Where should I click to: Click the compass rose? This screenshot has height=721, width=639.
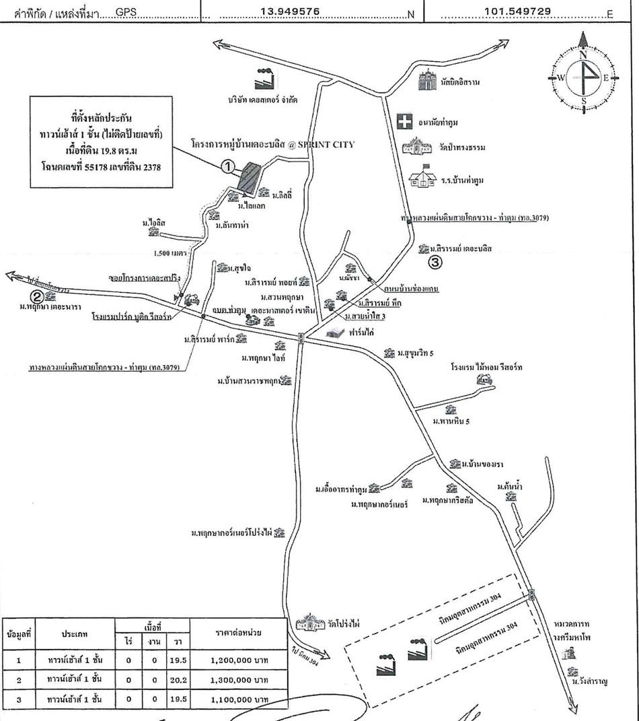[x=583, y=77]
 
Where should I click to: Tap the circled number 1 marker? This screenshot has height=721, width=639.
[x=228, y=165]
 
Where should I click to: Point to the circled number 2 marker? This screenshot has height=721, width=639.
[x=38, y=295]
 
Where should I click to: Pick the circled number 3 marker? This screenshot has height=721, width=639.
[x=436, y=263]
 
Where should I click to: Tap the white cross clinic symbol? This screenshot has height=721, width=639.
[x=404, y=122]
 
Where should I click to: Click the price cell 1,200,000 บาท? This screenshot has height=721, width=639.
[x=238, y=660]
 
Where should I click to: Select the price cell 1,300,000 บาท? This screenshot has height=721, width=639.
[x=238, y=680]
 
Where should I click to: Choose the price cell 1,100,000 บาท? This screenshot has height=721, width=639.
[x=238, y=699]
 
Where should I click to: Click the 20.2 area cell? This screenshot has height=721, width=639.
[x=178, y=680]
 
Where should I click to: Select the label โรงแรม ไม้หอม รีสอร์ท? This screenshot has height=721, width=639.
[x=486, y=368]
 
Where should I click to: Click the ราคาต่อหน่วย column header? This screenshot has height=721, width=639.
[x=238, y=633]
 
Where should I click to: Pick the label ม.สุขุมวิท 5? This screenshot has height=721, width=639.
[x=419, y=352]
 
